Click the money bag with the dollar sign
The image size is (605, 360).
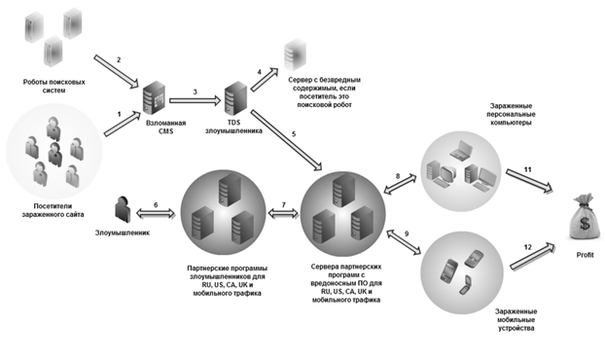pos(585,217)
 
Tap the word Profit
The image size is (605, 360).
pos(585,255)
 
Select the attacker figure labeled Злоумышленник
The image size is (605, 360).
pos(124,209)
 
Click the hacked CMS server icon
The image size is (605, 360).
pos(154,97)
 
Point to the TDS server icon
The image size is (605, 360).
pos(235,97)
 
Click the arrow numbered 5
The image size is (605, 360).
pos(286,140)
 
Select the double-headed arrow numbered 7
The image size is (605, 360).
pos(284,213)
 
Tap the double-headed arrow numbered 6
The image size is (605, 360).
pos(156,213)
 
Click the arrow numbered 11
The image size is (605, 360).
pos(529,181)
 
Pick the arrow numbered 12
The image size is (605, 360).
pos(533,256)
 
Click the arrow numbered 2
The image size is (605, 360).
pos(116,71)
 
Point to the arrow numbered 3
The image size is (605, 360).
pos(195,101)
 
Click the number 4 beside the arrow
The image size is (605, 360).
pos(260,72)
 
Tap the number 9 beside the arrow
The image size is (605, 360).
pos(407,234)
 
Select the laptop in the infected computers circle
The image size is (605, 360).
pos(461,150)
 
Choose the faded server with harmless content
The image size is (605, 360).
pos(295,54)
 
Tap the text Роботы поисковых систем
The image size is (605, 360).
pos(53,86)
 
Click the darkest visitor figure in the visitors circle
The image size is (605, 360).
pos(54,154)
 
